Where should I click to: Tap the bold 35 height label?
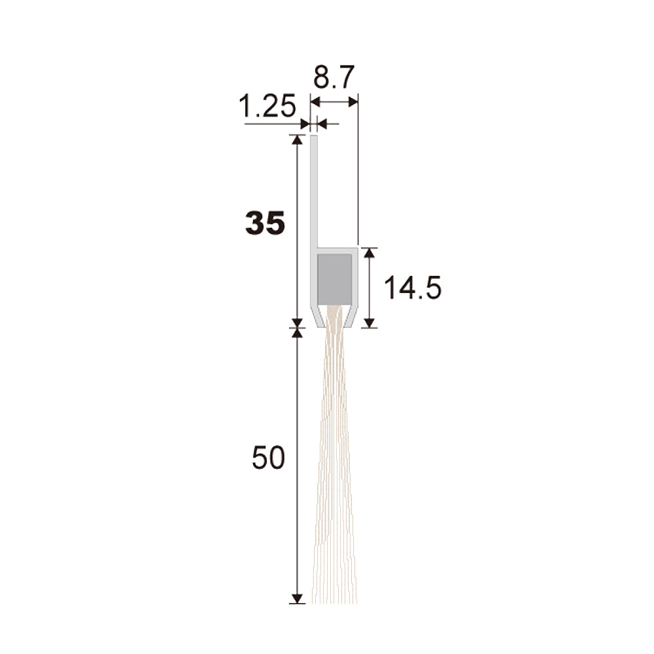[x=266, y=222]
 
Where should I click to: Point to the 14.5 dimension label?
[x=412, y=288]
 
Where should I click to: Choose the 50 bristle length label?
[x=268, y=458]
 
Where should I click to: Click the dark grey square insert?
[x=334, y=279]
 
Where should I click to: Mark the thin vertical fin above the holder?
[x=314, y=191]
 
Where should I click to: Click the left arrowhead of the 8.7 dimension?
[x=315, y=101]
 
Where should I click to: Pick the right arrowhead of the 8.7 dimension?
[x=353, y=101]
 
